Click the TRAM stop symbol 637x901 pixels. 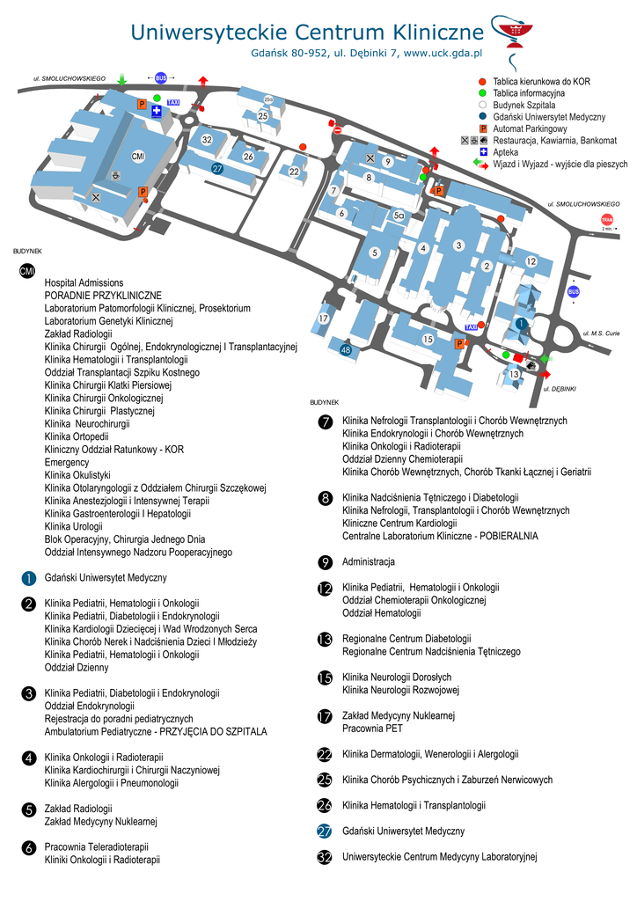coord(607,220)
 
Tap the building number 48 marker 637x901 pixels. coord(346,350)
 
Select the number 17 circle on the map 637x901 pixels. coord(324,318)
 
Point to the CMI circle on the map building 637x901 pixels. coord(138,157)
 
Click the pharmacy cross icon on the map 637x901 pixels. coord(156,112)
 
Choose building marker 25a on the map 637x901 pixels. coord(268,99)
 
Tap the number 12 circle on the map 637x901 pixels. coord(531,261)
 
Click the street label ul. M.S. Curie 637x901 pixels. coord(602,333)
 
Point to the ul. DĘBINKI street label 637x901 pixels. coord(560,388)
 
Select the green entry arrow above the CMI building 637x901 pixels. coord(121,79)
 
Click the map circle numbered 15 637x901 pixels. coord(428,339)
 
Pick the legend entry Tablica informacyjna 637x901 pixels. coord(528,92)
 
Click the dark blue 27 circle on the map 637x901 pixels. coord(217,168)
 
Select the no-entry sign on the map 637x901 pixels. coord(338,130)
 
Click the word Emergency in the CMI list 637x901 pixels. coord(67,462)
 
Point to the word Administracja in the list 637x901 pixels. coord(368,561)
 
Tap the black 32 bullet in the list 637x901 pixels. coord(325,856)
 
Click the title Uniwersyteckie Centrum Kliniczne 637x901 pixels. coord(307,33)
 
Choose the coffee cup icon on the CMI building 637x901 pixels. coord(115,174)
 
